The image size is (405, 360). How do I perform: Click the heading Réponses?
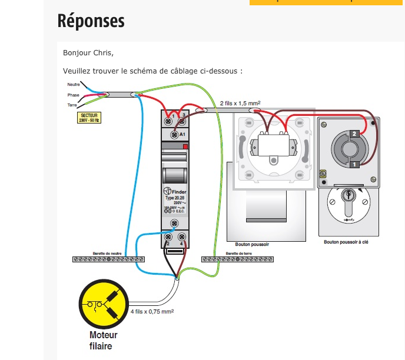91,21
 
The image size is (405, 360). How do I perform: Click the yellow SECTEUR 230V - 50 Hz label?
89,118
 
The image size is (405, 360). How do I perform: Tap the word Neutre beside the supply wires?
74,85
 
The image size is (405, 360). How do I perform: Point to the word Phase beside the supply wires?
73,95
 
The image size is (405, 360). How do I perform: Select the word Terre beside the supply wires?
72,105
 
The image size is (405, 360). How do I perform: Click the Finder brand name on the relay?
178,192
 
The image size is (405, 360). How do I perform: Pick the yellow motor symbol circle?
104,305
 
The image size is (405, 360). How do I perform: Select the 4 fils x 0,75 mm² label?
152,311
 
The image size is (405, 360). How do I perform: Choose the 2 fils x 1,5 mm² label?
240,103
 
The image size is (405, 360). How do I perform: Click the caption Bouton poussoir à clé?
347,242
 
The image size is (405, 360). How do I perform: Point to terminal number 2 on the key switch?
354,134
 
